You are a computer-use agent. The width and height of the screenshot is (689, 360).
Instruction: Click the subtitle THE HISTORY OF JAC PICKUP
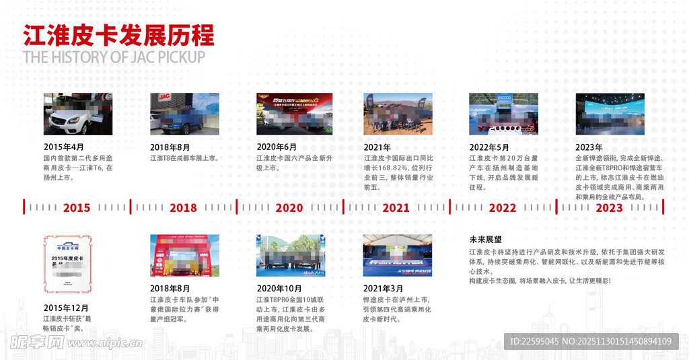[114, 57]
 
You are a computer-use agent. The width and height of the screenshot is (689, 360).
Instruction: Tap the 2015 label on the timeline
[76, 208]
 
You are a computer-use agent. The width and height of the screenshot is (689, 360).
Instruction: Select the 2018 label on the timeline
[183, 208]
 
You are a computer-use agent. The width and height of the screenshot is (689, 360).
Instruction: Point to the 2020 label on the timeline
[289, 208]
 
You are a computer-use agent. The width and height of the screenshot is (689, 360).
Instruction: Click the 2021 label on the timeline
[396, 208]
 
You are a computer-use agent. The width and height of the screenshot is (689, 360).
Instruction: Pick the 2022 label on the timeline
[502, 208]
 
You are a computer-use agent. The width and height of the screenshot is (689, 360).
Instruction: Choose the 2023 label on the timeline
[609, 208]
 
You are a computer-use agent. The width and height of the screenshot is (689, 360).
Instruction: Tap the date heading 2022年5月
[488, 147]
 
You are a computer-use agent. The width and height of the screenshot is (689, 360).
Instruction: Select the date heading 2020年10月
[279, 289]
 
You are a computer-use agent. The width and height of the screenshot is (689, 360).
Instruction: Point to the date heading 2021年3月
[384, 289]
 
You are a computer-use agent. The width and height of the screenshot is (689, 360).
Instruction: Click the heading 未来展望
[485, 240]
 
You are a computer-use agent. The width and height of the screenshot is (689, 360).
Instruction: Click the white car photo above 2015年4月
[78, 114]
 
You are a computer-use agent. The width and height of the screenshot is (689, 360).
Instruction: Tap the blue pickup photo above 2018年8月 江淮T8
[184, 114]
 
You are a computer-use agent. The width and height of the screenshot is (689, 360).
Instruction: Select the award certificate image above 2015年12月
[67, 264]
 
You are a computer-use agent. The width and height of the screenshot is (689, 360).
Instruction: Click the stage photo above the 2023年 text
[610, 114]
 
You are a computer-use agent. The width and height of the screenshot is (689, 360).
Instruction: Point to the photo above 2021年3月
[397, 256]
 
